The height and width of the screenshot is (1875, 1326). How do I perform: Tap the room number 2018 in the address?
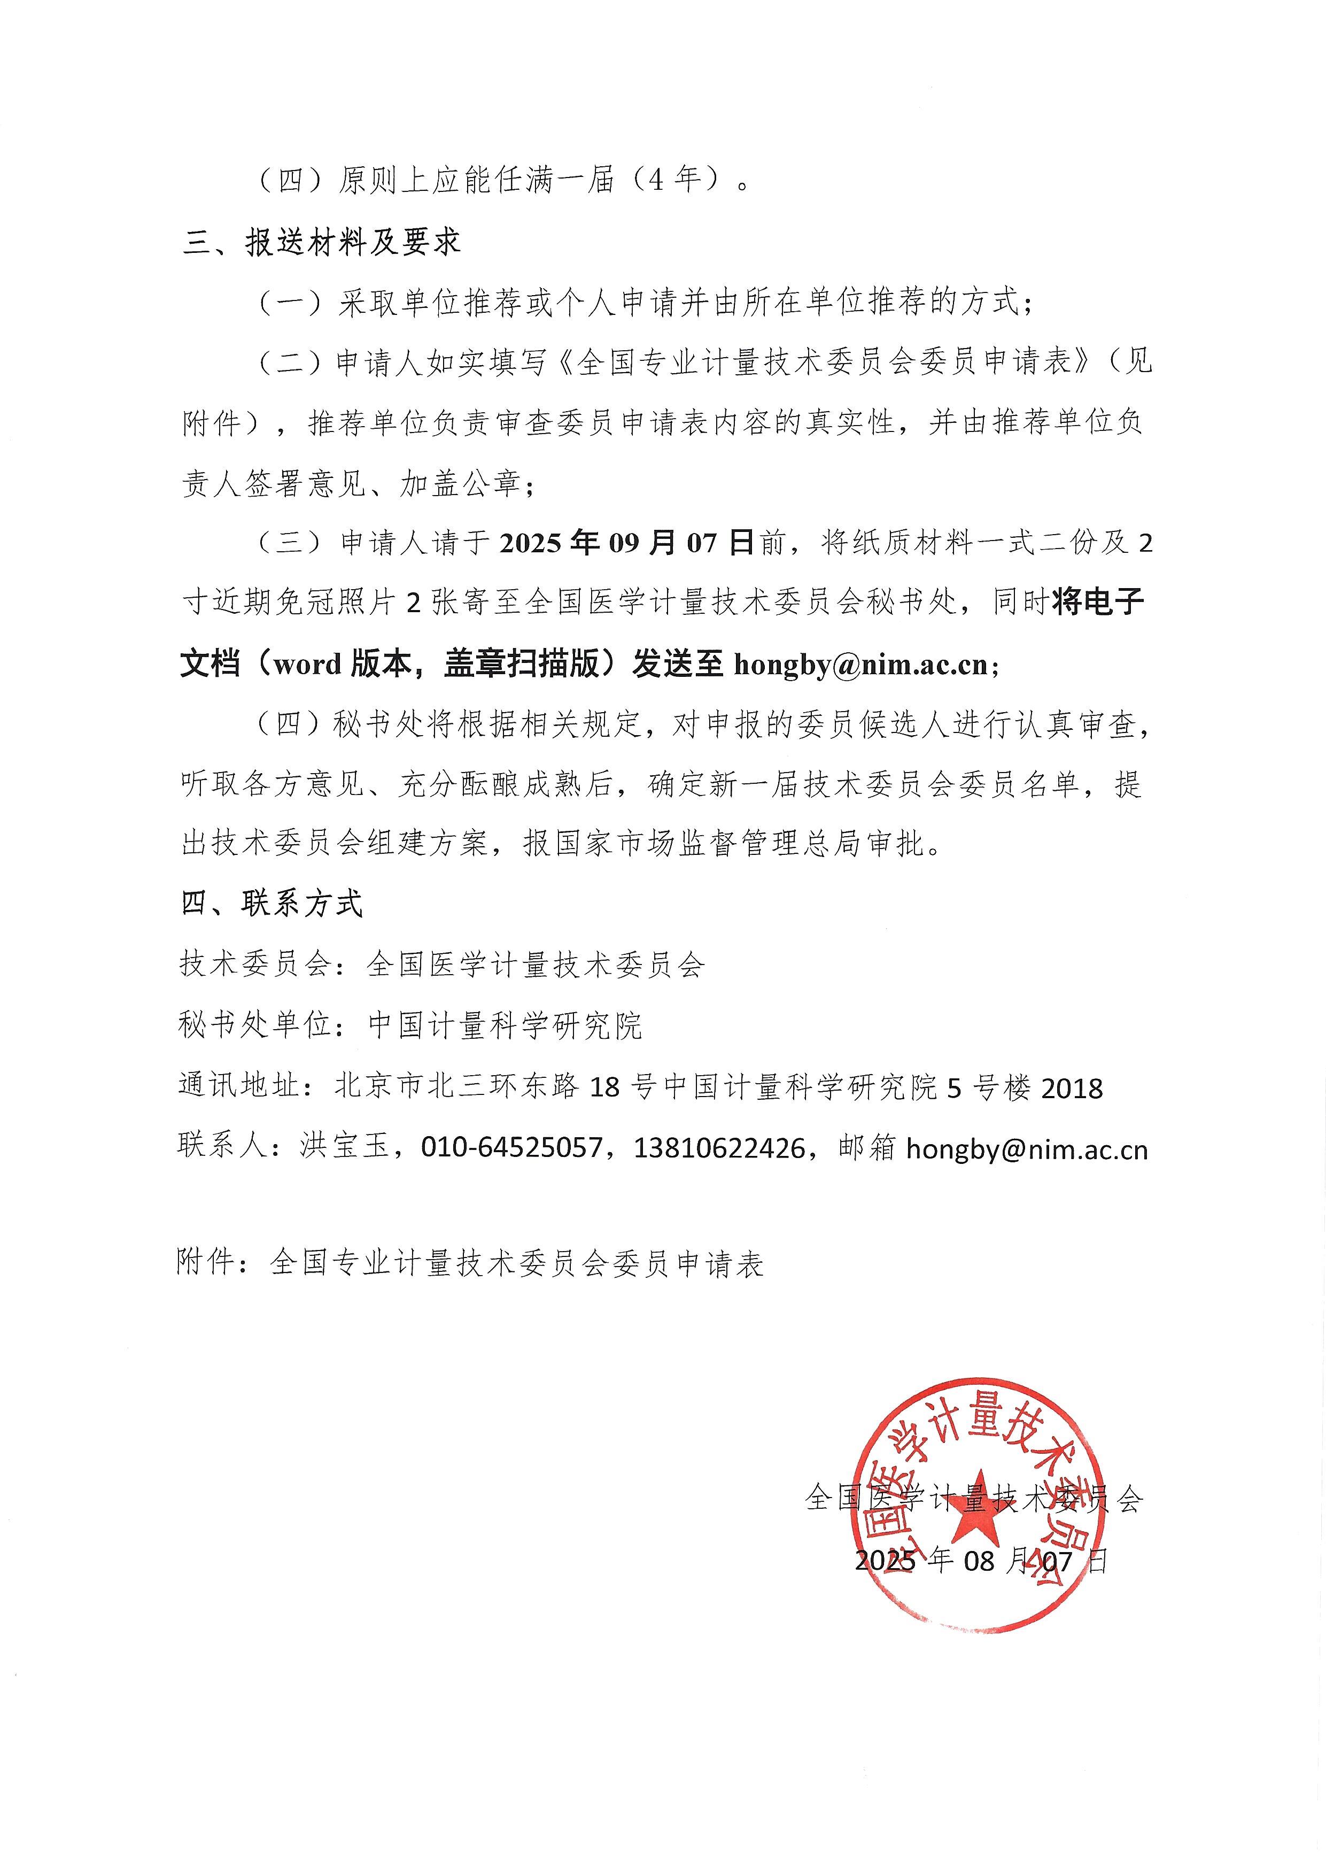(x=1072, y=1089)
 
